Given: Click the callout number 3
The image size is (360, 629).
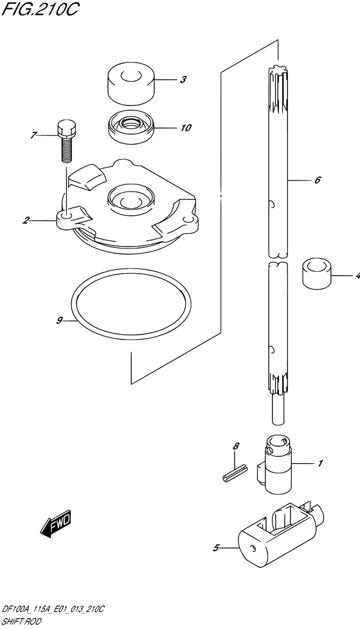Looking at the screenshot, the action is click(183, 80).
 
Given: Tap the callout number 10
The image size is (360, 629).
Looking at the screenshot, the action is click(186, 128).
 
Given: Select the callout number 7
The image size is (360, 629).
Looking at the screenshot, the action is click(33, 136).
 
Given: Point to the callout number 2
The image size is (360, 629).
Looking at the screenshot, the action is click(26, 220).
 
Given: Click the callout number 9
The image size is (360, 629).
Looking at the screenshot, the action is click(59, 320).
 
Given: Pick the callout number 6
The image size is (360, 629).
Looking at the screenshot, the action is click(317, 180).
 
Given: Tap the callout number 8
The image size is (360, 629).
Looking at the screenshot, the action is click(236, 446).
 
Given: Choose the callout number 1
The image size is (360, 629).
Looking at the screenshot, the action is click(320, 464).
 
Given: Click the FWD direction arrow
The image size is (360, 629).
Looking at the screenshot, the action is click(56, 524).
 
